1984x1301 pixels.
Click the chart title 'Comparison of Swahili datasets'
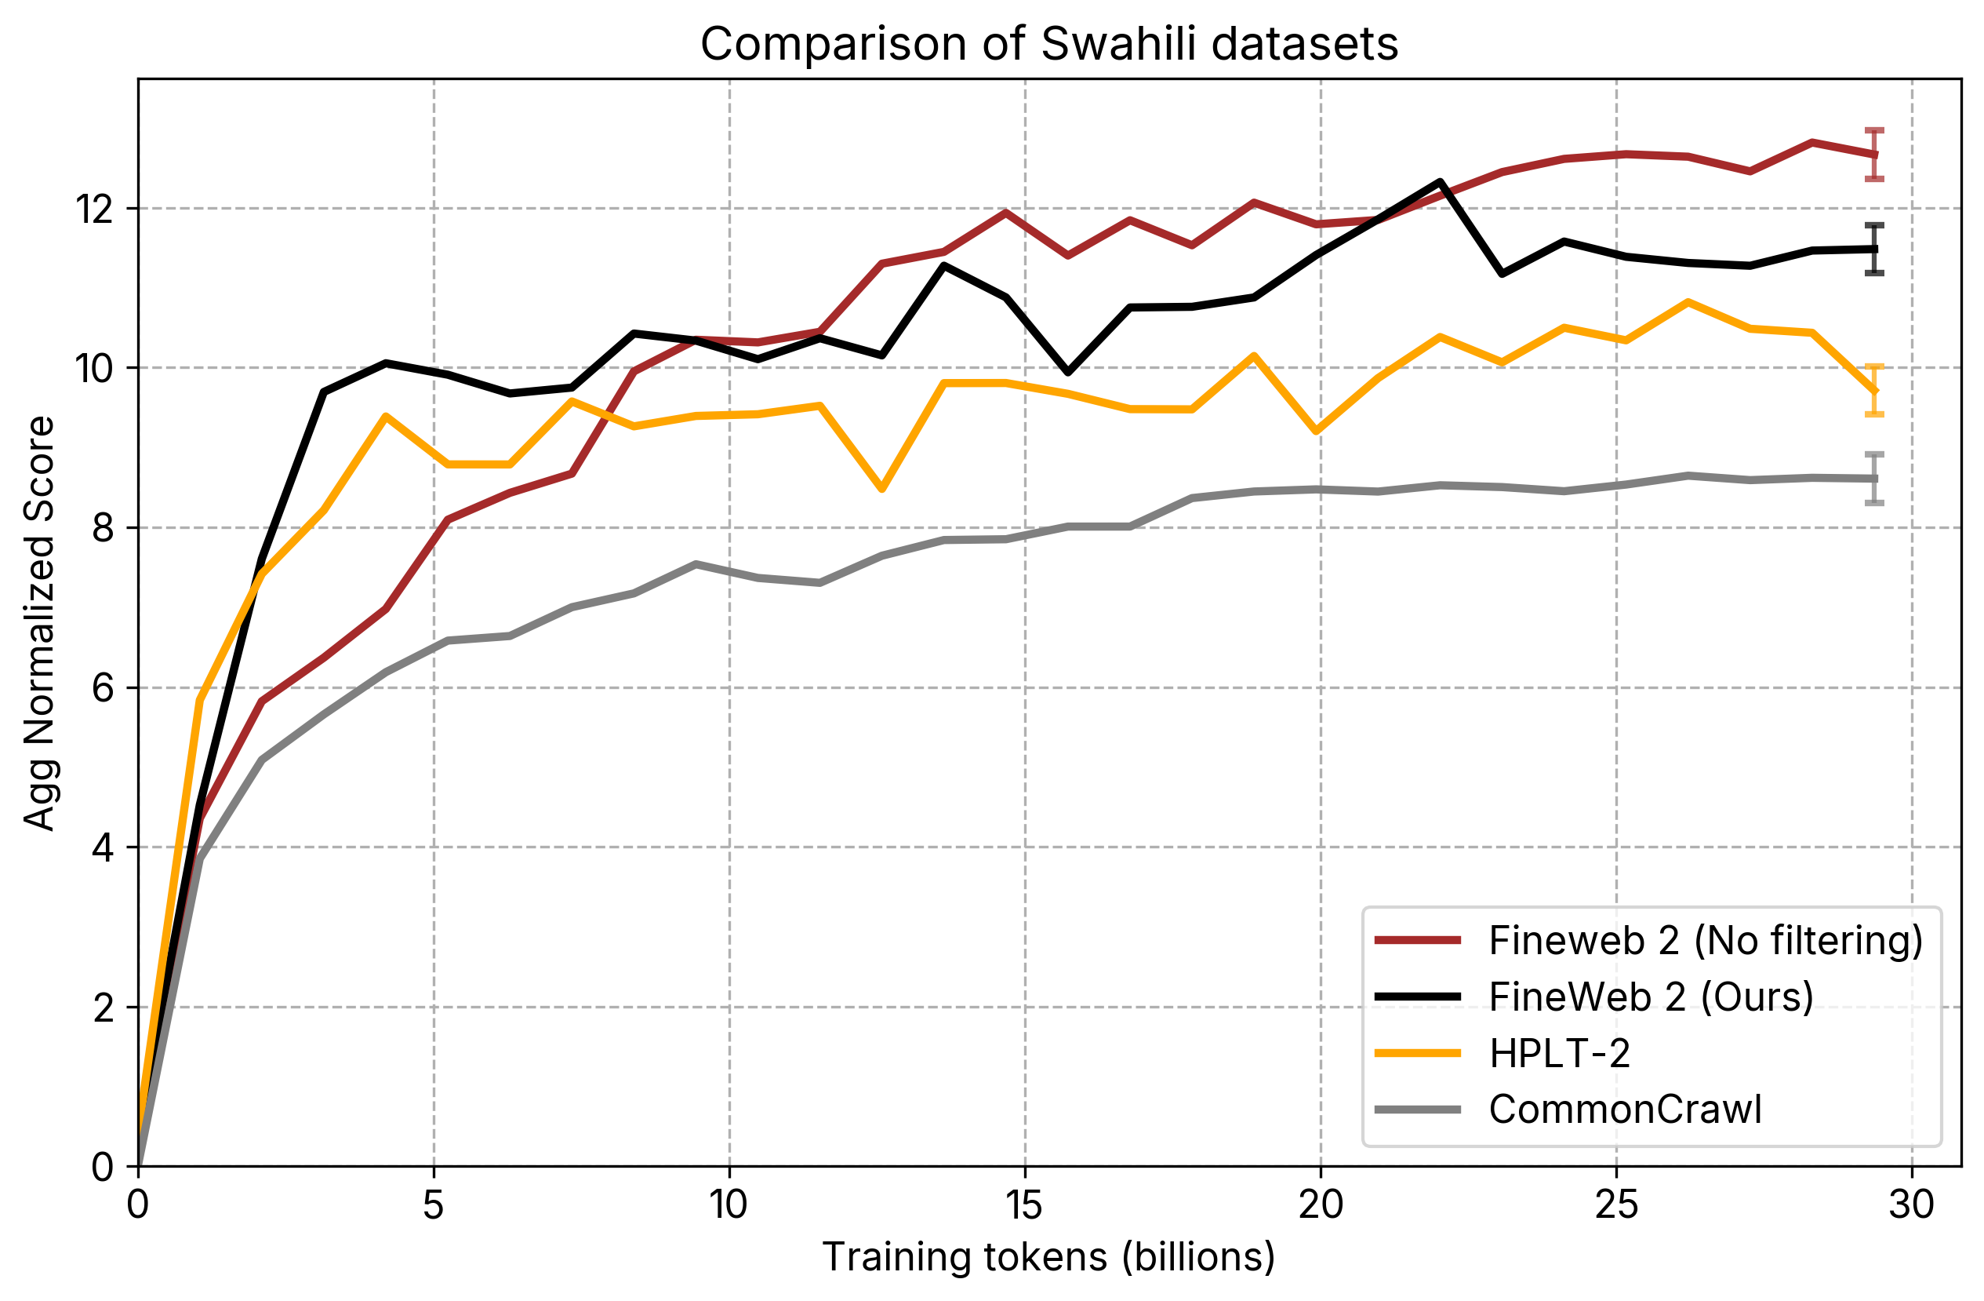pyautogui.click(x=1048, y=43)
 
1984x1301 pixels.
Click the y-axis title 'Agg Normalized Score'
pyautogui.click(x=39, y=623)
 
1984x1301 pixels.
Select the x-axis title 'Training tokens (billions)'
pyautogui.click(x=1048, y=1258)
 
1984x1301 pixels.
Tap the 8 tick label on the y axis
pyautogui.click(x=104, y=528)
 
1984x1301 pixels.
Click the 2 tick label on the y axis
pyautogui.click(x=104, y=1008)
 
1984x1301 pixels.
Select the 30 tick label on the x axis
pyautogui.click(x=1912, y=1206)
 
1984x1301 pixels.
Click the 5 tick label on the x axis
pyautogui.click(x=433, y=1206)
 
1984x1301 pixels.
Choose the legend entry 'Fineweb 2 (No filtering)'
pyautogui.click(x=1706, y=941)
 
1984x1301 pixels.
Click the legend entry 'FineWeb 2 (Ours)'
pyautogui.click(x=1651, y=997)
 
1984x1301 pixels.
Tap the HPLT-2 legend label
pyautogui.click(x=1559, y=1053)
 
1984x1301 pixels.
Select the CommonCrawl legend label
pyautogui.click(x=1626, y=1110)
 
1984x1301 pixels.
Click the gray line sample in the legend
pyautogui.click(x=1418, y=1110)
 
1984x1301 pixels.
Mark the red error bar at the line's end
pyautogui.click(x=1875, y=155)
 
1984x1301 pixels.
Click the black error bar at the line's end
pyautogui.click(x=1875, y=250)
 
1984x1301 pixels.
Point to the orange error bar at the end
pyautogui.click(x=1875, y=390)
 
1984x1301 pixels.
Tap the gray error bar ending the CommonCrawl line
pyautogui.click(x=1875, y=479)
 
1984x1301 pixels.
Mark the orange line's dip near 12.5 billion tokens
pyautogui.click(x=882, y=490)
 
